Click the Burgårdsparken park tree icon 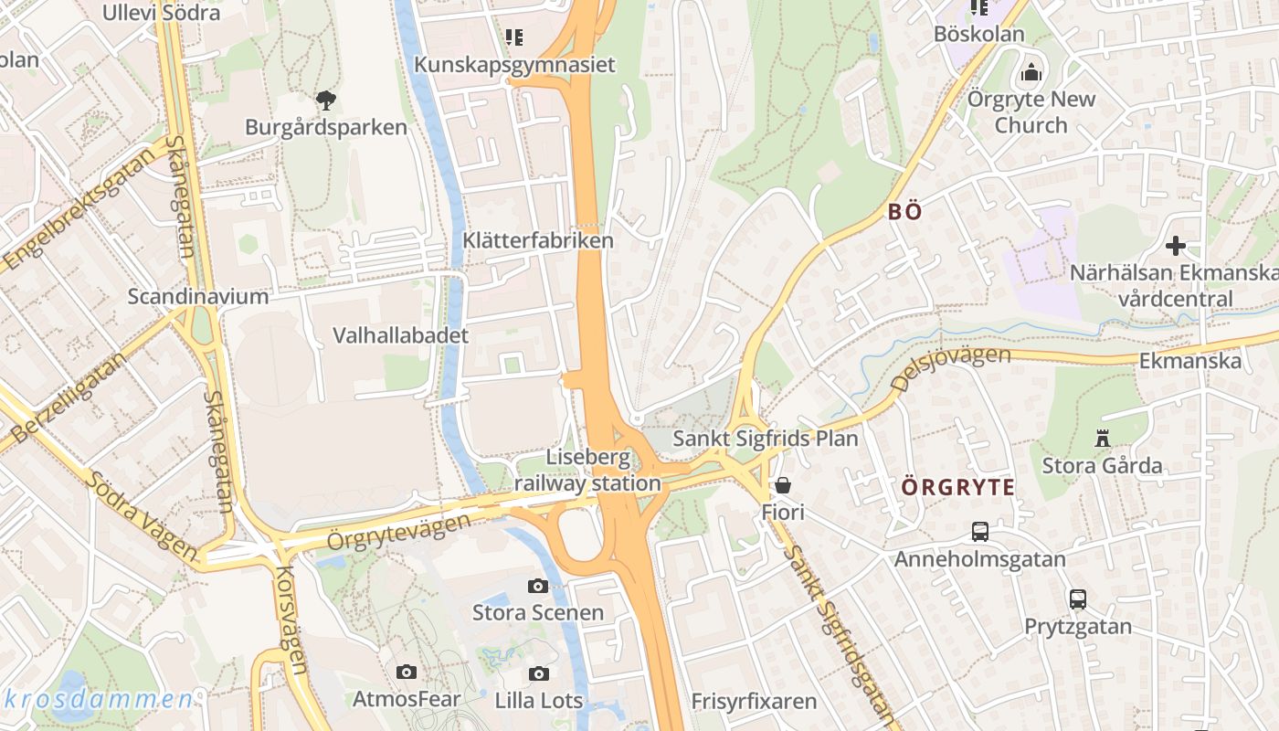click(x=325, y=100)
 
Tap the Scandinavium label click(x=198, y=296)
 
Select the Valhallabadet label click(x=400, y=335)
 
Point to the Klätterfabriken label click(x=538, y=240)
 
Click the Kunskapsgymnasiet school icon click(x=514, y=37)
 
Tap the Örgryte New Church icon click(x=1031, y=71)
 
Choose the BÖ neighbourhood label click(x=904, y=212)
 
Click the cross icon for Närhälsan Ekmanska click(x=1176, y=245)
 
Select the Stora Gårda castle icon click(x=1103, y=439)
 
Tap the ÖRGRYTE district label click(x=958, y=486)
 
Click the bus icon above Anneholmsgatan click(x=980, y=531)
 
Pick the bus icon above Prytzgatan click(x=1078, y=599)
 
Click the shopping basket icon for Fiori click(x=783, y=484)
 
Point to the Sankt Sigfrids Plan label click(x=766, y=439)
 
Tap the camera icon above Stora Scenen click(x=538, y=586)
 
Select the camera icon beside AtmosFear click(x=407, y=673)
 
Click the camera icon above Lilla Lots click(x=539, y=673)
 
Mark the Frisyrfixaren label click(x=754, y=702)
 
